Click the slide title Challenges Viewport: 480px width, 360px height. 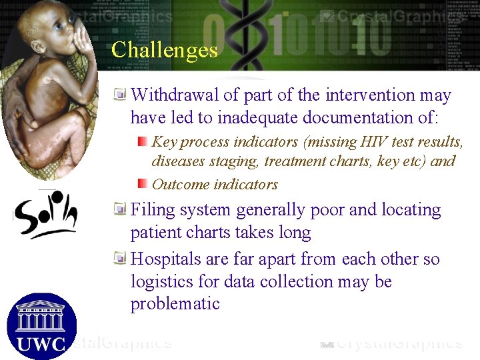click(x=165, y=50)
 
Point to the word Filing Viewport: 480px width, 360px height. click(x=151, y=210)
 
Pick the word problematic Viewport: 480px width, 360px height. click(x=175, y=304)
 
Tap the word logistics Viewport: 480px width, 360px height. click(x=161, y=281)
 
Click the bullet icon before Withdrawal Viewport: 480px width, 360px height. click(x=120, y=95)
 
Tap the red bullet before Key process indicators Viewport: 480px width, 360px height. click(x=142, y=141)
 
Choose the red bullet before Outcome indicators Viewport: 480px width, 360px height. click(x=142, y=184)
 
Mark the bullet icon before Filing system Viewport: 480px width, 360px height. click(x=120, y=209)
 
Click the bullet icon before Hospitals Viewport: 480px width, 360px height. click(x=120, y=258)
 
